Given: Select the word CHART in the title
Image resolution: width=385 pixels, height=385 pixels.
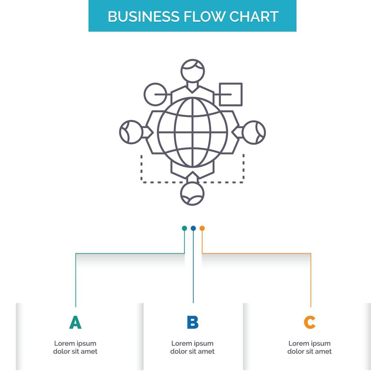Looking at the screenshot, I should click(254, 16).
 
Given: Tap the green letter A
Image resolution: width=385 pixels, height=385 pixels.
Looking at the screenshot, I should click(75, 323).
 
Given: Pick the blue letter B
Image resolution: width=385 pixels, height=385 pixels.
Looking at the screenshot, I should click(192, 323).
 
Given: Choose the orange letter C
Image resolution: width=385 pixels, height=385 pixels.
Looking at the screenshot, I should click(310, 323).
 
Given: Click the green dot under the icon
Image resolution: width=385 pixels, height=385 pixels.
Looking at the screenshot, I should click(184, 228).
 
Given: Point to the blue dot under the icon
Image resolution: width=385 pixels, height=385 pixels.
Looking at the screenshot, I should click(193, 228).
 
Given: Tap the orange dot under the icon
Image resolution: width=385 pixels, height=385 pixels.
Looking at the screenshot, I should click(202, 228).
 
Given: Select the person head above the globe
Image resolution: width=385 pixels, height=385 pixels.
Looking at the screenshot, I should click(192, 71).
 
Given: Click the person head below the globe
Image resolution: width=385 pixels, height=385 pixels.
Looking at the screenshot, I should click(192, 194).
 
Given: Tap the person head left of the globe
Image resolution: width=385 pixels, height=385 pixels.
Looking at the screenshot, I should click(131, 132).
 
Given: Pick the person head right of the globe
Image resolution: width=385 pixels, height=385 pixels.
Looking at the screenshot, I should click(254, 132).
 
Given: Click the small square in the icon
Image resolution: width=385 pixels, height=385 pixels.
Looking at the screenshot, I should click(231, 94).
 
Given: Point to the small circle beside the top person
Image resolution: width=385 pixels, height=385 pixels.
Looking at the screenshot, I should click(156, 94).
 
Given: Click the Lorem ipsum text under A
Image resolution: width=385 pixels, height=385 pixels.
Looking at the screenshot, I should click(75, 347).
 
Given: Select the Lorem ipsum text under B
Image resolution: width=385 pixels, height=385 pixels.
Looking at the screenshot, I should click(192, 347).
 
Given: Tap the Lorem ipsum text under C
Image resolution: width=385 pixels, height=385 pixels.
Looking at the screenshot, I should click(310, 347).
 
